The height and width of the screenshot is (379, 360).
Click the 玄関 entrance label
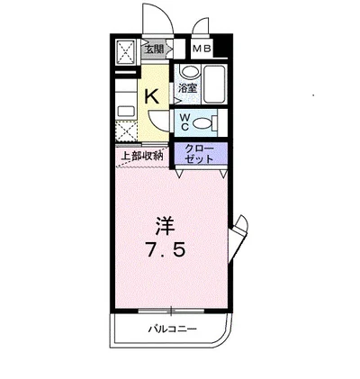[154, 50]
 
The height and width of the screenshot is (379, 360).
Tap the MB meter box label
[202, 50]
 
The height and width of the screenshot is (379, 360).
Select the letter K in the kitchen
[153, 95]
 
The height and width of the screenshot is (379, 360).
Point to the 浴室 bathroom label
[186, 88]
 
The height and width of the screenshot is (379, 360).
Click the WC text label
[184, 121]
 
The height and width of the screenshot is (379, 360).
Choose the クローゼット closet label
[199, 152]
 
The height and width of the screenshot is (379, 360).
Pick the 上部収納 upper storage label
[141, 155]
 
